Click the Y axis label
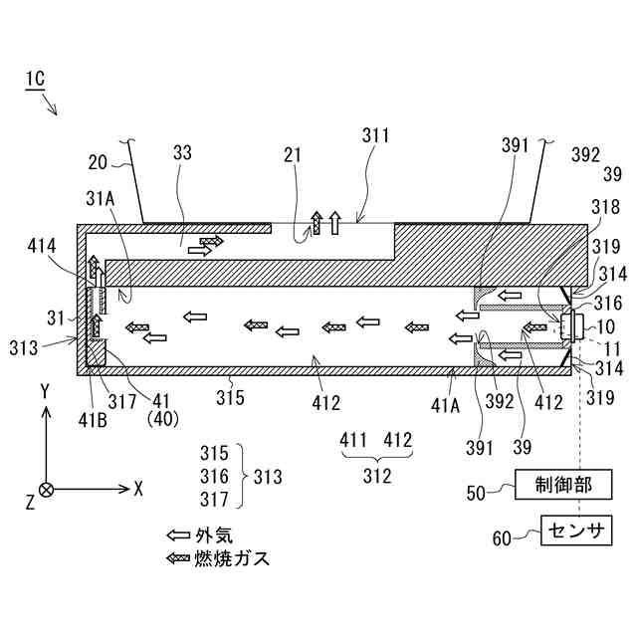pyautogui.click(x=46, y=391)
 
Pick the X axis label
pyautogui.click(x=138, y=489)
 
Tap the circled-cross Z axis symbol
pyautogui.click(x=46, y=489)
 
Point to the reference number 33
pyautogui.click(x=182, y=152)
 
